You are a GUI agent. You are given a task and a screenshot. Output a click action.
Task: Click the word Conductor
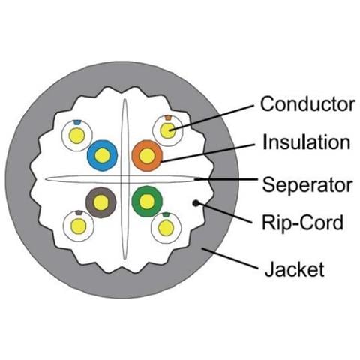click(307, 103)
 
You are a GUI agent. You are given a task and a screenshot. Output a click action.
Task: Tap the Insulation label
click(307, 142)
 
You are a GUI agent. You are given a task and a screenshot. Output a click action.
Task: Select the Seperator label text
click(307, 185)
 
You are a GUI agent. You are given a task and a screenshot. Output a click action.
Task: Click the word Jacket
click(295, 269)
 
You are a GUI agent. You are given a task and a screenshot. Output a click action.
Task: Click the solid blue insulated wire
click(102, 155)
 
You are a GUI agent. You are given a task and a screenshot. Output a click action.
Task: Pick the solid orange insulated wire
click(147, 156)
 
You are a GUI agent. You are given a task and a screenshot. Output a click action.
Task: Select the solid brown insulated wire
click(101, 202)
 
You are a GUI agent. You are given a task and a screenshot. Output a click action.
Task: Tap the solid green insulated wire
click(147, 202)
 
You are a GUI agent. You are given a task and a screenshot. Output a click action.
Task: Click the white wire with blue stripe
click(77, 136)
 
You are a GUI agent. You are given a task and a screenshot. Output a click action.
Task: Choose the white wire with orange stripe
click(168, 130)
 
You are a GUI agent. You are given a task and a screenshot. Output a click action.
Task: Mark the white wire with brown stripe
click(79, 226)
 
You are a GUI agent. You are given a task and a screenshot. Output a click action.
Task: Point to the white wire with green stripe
click(166, 228)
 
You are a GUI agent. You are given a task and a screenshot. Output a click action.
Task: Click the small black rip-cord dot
click(196, 203)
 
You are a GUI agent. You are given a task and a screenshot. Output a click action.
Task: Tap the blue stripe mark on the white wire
click(77, 122)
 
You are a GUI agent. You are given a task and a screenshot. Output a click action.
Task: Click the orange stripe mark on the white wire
click(168, 118)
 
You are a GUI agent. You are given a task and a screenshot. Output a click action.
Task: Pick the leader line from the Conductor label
click(212, 118)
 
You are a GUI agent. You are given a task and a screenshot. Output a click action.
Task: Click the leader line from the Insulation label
click(208, 153)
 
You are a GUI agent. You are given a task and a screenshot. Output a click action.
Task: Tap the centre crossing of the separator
click(124, 179)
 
